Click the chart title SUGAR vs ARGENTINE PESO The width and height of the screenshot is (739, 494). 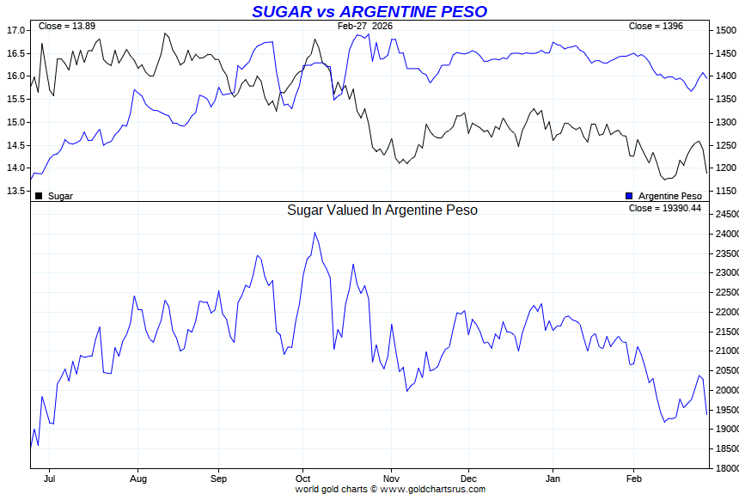(369, 11)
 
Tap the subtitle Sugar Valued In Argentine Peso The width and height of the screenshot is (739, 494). (382, 210)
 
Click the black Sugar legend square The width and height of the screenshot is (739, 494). (39, 196)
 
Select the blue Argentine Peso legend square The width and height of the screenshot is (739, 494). (630, 196)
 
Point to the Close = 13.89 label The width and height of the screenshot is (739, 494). (67, 27)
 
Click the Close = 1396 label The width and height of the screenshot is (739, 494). (656, 27)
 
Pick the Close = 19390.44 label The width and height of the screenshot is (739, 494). (664, 208)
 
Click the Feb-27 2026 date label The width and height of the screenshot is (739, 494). (364, 27)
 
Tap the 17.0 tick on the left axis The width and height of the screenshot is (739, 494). (15, 30)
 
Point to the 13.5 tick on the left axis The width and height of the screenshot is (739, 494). (15, 191)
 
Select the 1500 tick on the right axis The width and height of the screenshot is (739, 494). (725, 30)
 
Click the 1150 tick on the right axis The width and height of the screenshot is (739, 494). (725, 191)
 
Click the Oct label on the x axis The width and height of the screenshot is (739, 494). (302, 478)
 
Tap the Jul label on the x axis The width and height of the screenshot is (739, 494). (50, 478)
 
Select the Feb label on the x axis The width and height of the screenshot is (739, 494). (634, 478)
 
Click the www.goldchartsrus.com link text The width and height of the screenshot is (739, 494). (432, 489)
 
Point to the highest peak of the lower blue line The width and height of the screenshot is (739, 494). (315, 232)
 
